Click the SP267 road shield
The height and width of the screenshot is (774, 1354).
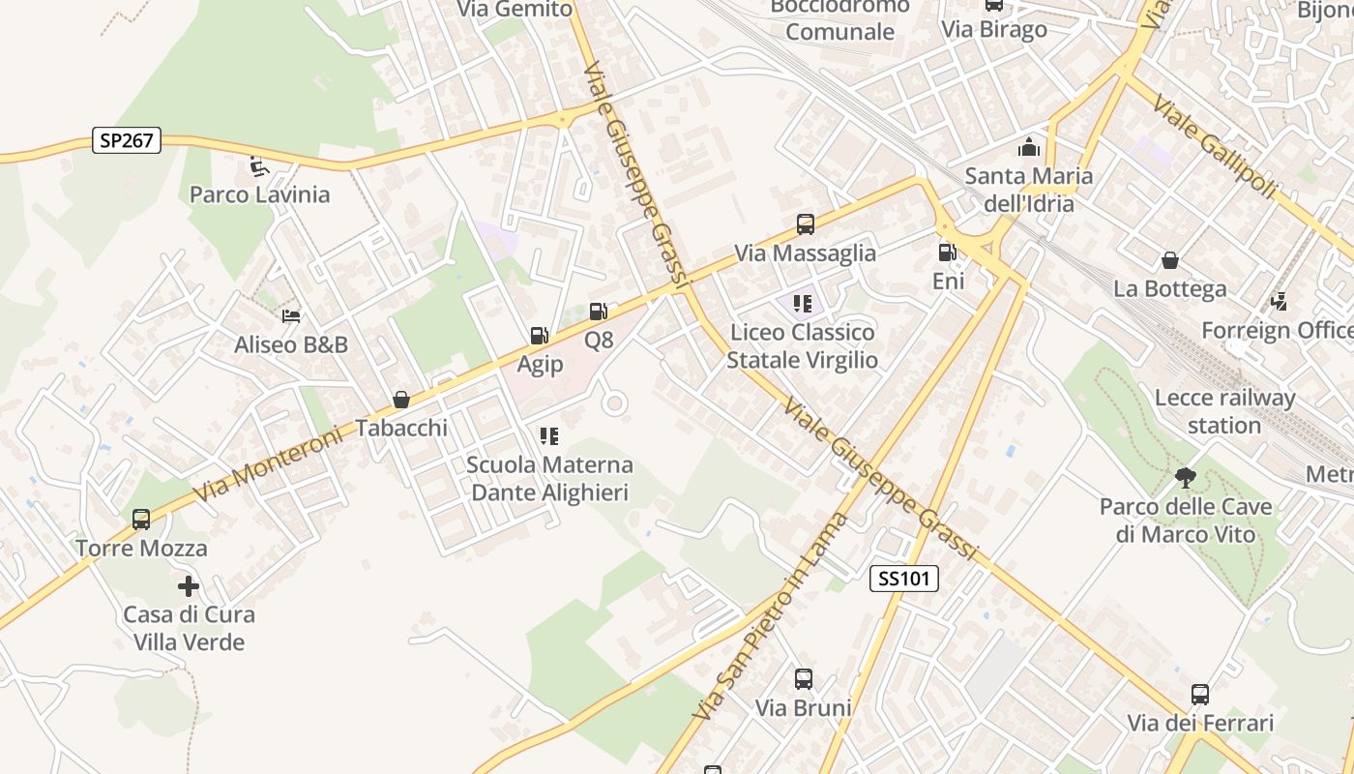(x=127, y=140)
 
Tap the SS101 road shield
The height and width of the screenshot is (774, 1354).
(x=904, y=579)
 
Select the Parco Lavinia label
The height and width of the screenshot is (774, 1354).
(x=259, y=194)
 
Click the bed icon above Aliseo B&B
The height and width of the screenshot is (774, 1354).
(x=291, y=315)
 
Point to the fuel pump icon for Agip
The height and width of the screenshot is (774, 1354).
(x=539, y=336)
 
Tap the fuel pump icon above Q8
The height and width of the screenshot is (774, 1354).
(x=599, y=312)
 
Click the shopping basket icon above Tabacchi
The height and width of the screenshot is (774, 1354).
(x=401, y=399)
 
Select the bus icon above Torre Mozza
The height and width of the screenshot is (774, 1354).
(x=141, y=520)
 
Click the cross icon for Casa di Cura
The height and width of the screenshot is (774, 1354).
(x=189, y=585)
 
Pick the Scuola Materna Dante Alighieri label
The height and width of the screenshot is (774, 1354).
(x=549, y=479)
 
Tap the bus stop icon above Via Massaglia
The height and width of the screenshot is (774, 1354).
(x=805, y=224)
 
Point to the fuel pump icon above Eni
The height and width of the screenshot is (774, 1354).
(x=947, y=253)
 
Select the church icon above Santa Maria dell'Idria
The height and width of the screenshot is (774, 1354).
(x=1028, y=147)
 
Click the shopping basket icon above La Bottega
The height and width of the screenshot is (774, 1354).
(x=1169, y=260)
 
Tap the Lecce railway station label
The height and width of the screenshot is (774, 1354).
(x=1224, y=411)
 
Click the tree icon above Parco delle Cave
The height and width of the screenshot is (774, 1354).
(x=1185, y=477)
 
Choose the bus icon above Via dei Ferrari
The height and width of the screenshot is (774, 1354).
(x=1200, y=694)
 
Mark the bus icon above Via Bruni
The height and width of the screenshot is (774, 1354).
(x=803, y=678)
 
